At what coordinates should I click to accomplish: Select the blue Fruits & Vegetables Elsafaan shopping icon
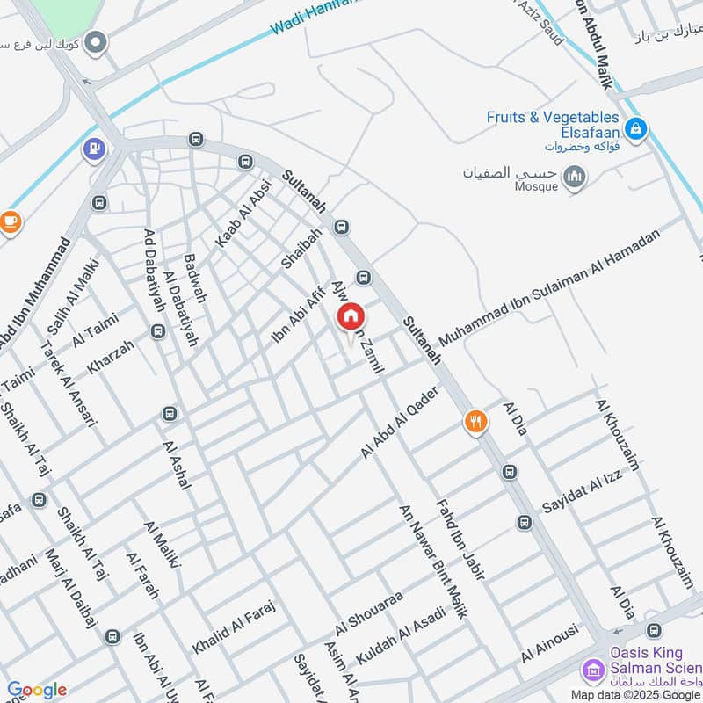point(636,130)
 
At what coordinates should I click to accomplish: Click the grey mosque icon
point(576,179)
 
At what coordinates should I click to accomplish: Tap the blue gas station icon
point(92,149)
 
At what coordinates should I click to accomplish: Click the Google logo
point(36,690)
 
